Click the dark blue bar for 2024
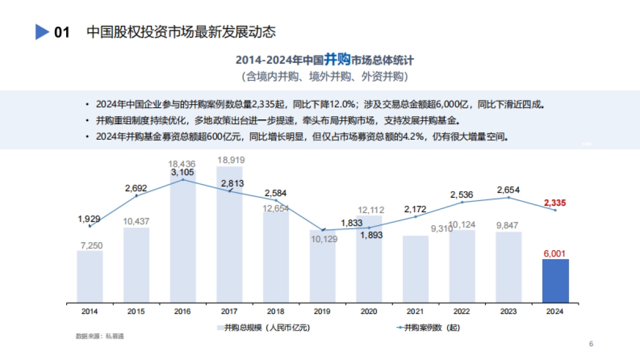(555, 281)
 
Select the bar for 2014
(90, 276)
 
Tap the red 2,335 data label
(555, 203)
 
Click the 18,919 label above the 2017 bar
(230, 160)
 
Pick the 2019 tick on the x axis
(323, 311)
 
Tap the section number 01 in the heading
(62, 33)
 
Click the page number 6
(591, 343)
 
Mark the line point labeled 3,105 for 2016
(183, 180)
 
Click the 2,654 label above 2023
(508, 190)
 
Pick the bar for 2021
(415, 269)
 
